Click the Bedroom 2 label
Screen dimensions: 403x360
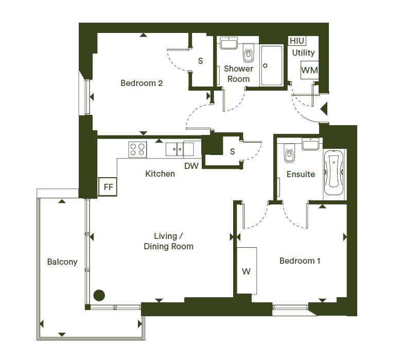142,83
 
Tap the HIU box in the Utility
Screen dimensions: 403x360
297,41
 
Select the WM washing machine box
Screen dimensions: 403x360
309,70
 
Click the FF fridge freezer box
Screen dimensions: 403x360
108,186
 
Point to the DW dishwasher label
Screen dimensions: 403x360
191,166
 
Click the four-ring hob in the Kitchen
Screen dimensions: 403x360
137,149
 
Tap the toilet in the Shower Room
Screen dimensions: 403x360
249,53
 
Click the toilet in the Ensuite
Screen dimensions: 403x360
290,153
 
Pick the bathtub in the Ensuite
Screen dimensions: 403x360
334,173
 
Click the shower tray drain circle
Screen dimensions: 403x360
265,65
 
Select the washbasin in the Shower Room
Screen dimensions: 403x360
229,43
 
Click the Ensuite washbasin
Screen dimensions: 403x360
310,144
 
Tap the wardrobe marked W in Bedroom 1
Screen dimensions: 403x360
247,271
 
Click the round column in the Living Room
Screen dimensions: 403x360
99,296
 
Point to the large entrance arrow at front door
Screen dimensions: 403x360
324,108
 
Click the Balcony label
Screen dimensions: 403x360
62,262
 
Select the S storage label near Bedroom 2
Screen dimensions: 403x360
201,61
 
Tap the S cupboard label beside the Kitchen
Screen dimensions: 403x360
232,151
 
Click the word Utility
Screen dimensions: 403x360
304,53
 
